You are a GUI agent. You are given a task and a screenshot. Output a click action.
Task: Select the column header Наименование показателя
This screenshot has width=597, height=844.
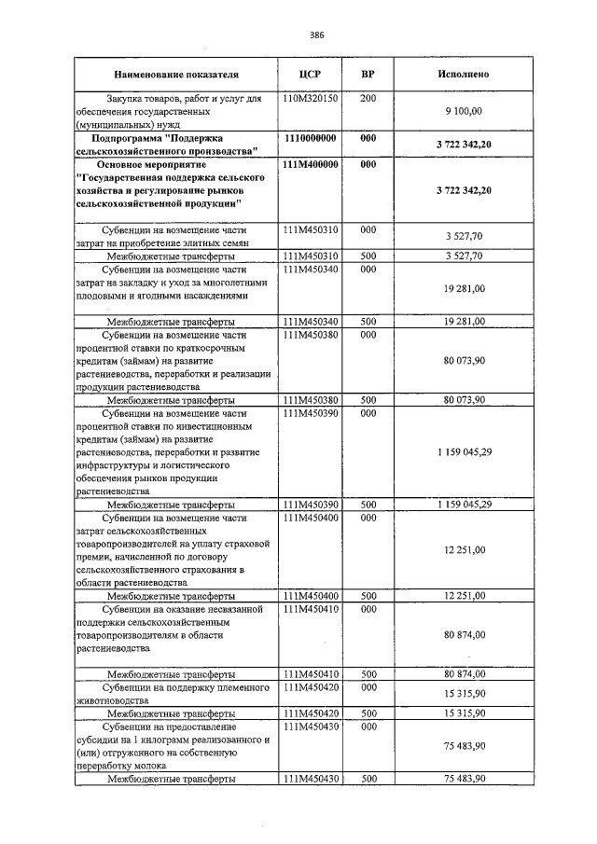point(176,74)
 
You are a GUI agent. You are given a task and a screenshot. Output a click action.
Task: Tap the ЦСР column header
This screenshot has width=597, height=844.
point(312,74)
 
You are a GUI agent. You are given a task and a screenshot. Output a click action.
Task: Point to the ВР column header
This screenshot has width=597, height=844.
point(368,74)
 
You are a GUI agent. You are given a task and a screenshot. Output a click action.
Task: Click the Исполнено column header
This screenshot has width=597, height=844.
point(463,74)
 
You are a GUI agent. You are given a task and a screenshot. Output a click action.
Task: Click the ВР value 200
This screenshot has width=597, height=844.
point(368,97)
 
